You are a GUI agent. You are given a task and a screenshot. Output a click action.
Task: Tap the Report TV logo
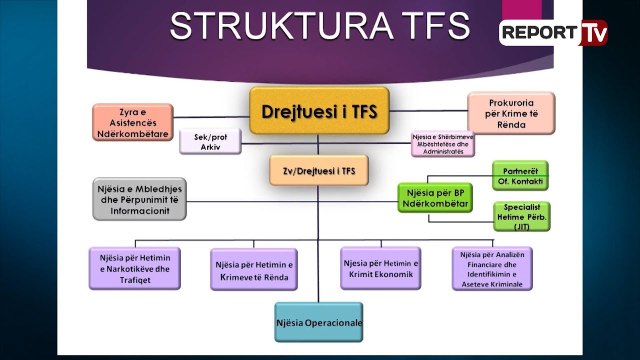pyautogui.click(x=553, y=32)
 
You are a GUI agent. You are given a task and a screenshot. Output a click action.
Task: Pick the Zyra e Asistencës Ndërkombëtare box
pyautogui.click(x=133, y=119)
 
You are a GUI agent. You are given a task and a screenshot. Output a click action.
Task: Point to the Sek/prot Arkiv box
pyautogui.click(x=210, y=141)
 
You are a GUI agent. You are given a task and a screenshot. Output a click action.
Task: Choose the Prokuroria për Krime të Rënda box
pyautogui.click(x=511, y=112)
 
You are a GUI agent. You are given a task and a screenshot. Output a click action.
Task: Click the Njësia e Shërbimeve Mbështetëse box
pyautogui.click(x=446, y=143)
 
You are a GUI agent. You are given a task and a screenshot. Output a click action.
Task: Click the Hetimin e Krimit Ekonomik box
pyautogui.click(x=380, y=269)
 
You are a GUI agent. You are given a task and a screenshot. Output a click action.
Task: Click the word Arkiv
pyautogui.click(x=210, y=147)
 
